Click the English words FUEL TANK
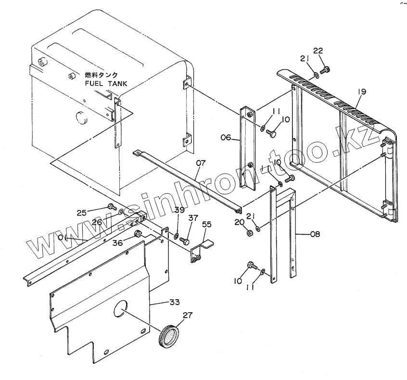106,83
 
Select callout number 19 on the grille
361,91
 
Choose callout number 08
315,235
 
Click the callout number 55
207,224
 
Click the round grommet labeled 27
169,336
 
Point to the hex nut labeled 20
250,233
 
